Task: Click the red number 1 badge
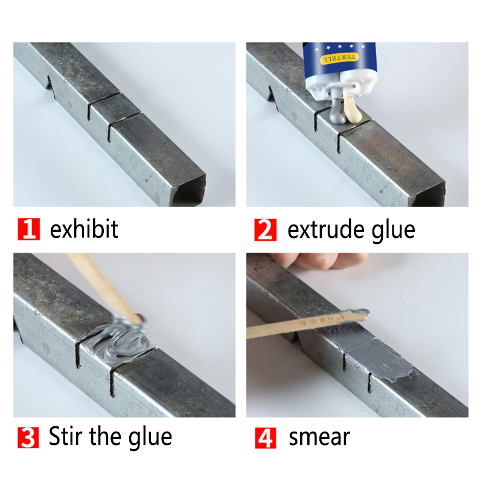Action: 28,230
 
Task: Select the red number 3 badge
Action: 28,437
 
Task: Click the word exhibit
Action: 84,229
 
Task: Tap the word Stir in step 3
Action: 67,436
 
